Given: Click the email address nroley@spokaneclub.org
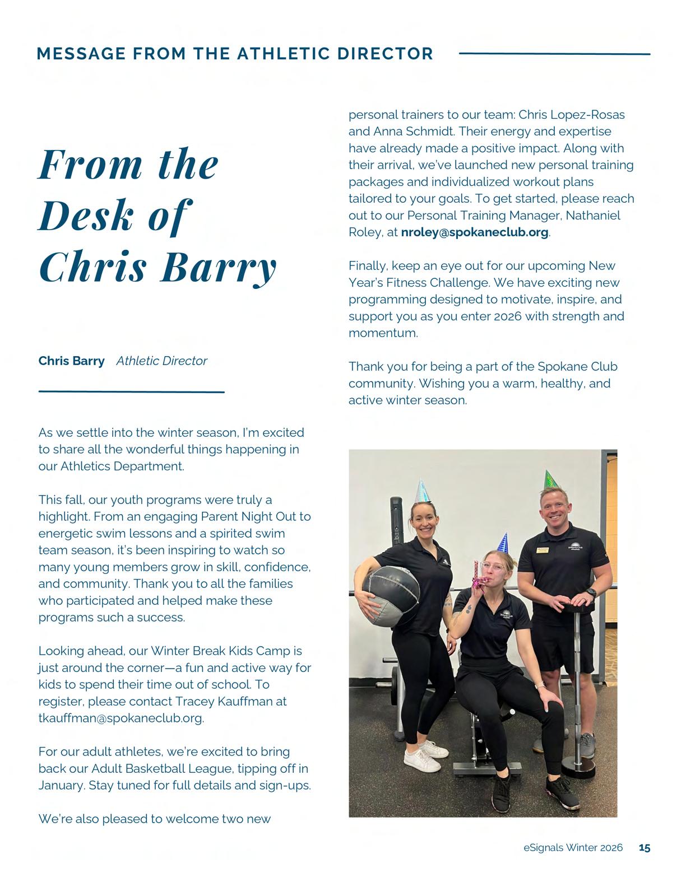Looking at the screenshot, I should pyautogui.click(x=474, y=232).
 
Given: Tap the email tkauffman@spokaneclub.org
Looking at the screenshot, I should pyautogui.click(x=120, y=718).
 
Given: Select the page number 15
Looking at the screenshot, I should pyautogui.click(x=645, y=848).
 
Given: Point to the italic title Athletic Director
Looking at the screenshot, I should pyautogui.click(x=161, y=361).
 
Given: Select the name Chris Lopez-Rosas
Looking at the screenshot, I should pyautogui.click(x=571, y=115).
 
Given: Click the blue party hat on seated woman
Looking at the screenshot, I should pyautogui.click(x=504, y=543).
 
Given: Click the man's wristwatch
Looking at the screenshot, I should pyautogui.click(x=591, y=592).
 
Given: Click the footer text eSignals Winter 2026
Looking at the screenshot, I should pyautogui.click(x=573, y=848).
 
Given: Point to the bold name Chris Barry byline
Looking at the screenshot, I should pyautogui.click(x=71, y=361).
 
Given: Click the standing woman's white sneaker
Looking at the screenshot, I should pyautogui.click(x=421, y=760).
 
